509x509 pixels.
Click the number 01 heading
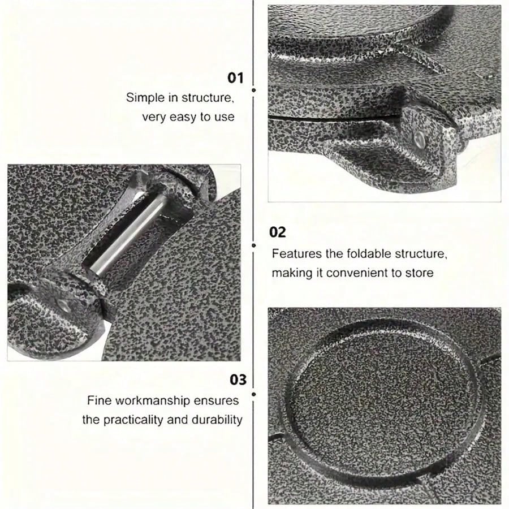[x=235, y=78]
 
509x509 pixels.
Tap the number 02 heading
[x=278, y=232]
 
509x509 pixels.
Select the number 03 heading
[x=238, y=380]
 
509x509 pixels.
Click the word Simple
[x=145, y=98]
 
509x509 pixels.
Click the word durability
[x=217, y=420]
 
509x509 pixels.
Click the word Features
[x=297, y=253]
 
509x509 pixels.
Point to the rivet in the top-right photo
[x=420, y=140]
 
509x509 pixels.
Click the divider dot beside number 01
[x=254, y=90]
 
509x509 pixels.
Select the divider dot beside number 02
[x=254, y=245]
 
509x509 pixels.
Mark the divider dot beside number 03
[x=254, y=394]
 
